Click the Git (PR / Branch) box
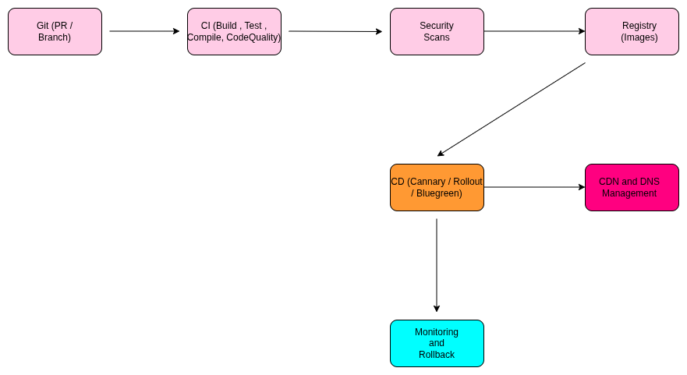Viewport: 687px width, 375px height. coord(55,31)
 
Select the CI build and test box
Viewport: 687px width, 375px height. coord(234,31)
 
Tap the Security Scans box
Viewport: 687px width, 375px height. coord(437,31)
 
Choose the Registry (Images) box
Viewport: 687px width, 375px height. coord(632,31)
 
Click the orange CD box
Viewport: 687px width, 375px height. coord(437,187)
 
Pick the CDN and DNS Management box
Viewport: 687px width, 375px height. coord(632,187)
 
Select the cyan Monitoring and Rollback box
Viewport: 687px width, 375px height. coord(437,343)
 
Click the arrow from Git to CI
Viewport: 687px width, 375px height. coord(144,31)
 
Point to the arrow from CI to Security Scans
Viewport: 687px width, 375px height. coord(335,31)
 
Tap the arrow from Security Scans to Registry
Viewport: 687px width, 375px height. coord(534,31)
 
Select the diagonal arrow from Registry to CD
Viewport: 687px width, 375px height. coord(511,109)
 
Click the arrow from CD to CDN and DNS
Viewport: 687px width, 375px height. coord(534,187)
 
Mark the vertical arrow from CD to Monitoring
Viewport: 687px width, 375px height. coord(437,265)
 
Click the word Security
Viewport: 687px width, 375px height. coord(437,26)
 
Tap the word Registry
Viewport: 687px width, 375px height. coord(639,26)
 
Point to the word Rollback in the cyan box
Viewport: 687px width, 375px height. coord(437,355)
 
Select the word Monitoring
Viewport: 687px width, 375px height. coord(437,332)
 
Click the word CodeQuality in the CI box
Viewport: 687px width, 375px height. coord(253,37)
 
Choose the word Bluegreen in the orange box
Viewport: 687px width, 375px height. coord(439,193)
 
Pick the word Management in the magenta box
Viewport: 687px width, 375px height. coord(629,193)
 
